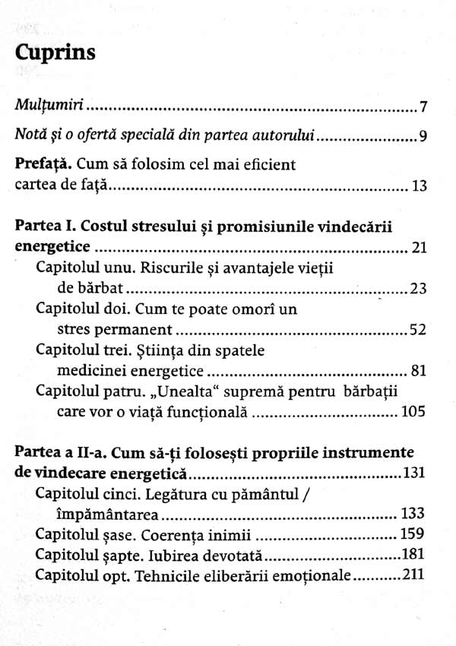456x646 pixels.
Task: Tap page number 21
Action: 417,248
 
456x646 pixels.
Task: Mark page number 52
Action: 417,330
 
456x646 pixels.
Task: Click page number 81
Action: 417,372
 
